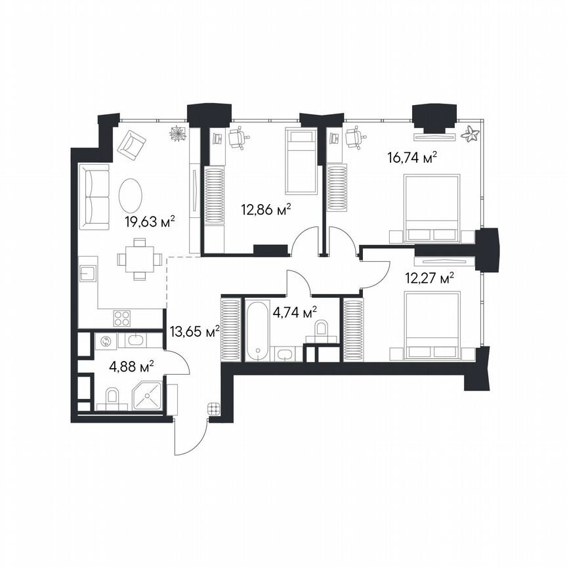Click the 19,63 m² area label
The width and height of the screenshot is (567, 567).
pos(149,222)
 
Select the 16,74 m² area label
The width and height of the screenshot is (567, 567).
pos(412,157)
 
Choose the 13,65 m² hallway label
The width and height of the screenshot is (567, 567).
pos(194,332)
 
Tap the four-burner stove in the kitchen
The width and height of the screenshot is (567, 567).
pos(122,318)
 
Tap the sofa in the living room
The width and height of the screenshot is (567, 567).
pos(94,197)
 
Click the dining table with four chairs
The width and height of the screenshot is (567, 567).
pos(139,259)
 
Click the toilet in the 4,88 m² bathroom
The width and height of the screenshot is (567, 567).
pos(111,397)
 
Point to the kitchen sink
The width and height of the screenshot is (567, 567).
pos(89,274)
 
